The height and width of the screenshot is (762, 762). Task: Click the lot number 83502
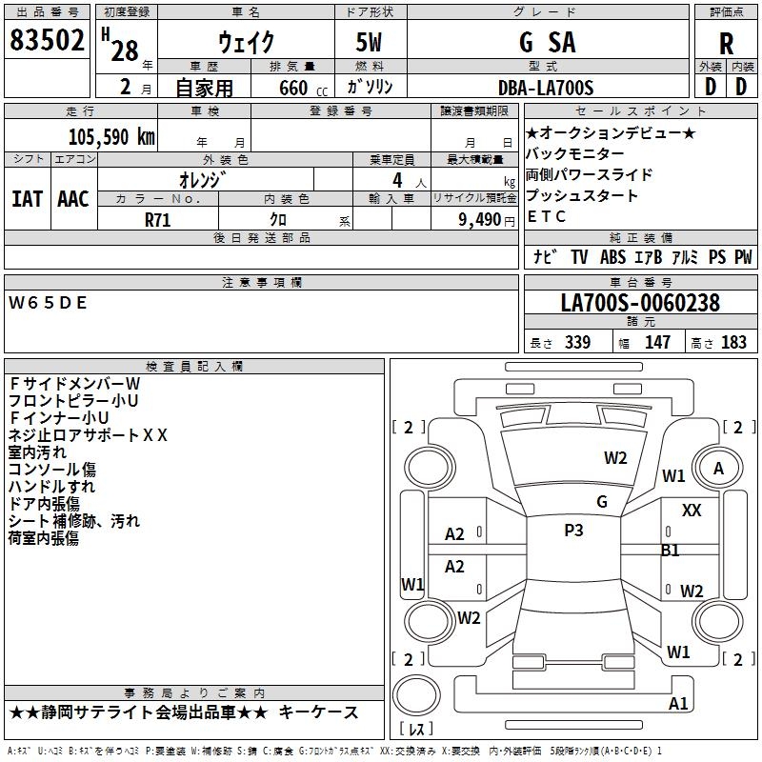click(48, 42)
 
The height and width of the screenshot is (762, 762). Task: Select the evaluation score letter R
click(726, 44)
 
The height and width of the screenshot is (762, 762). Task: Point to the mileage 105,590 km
click(112, 135)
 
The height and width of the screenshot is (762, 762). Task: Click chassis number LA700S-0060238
click(640, 303)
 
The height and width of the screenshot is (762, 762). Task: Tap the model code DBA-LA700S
click(546, 88)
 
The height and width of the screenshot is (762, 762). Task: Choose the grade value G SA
click(547, 43)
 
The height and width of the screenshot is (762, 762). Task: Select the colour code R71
click(159, 218)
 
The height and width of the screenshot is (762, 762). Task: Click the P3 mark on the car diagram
click(573, 531)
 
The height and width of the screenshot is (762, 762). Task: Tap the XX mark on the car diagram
click(692, 511)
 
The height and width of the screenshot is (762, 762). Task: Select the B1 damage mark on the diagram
click(671, 550)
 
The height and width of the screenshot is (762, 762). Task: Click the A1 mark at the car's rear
click(678, 703)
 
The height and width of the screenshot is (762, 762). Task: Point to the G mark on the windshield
click(602, 501)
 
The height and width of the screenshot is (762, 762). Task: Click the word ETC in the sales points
click(547, 216)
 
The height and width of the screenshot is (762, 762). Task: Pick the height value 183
click(733, 343)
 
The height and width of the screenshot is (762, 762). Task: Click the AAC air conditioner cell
click(73, 199)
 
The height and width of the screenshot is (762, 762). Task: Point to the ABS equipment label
click(612, 257)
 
